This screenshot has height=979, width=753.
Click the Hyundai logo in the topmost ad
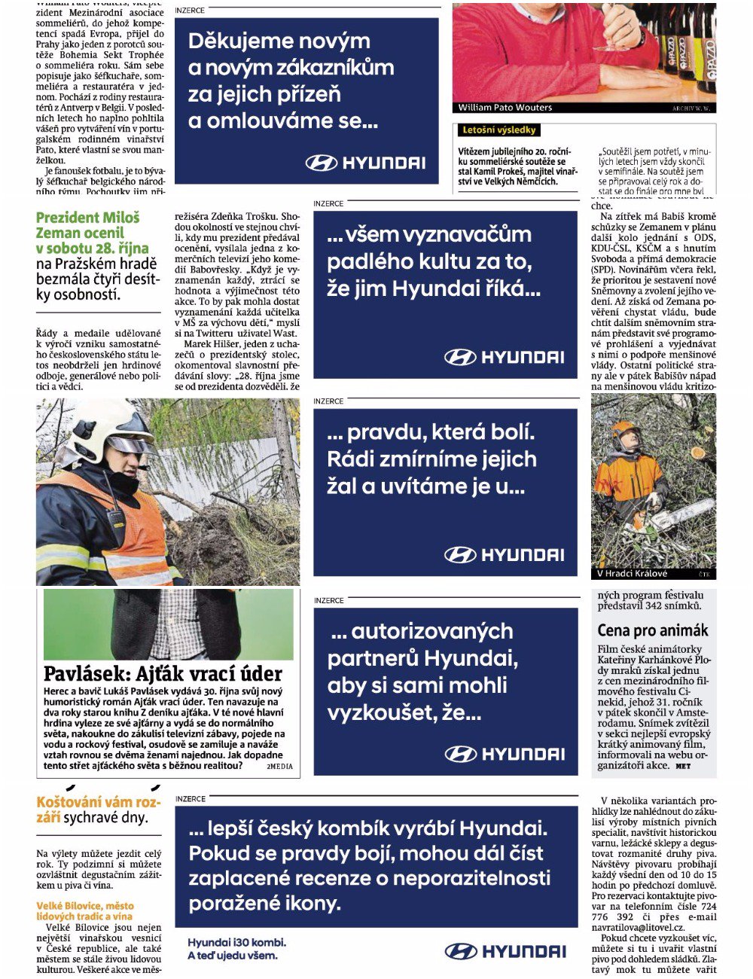tap(365, 163)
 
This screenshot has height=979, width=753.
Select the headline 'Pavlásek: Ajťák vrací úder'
tap(163, 673)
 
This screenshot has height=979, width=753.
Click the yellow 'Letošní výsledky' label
tap(498, 130)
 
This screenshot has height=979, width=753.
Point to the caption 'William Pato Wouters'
tap(505, 108)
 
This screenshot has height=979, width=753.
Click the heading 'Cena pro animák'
tap(653, 630)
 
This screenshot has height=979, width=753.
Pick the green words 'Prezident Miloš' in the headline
tap(87, 218)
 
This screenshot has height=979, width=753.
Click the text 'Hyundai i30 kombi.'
tap(236, 942)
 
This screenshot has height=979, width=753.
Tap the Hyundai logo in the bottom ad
tap(505, 951)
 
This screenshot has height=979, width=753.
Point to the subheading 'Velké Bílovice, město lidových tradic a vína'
tap(84, 911)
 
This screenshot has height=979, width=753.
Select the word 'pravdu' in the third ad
tap(384, 432)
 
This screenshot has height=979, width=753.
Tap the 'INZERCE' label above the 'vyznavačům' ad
tap(328, 203)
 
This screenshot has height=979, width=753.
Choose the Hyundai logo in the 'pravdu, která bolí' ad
tap(504, 555)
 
